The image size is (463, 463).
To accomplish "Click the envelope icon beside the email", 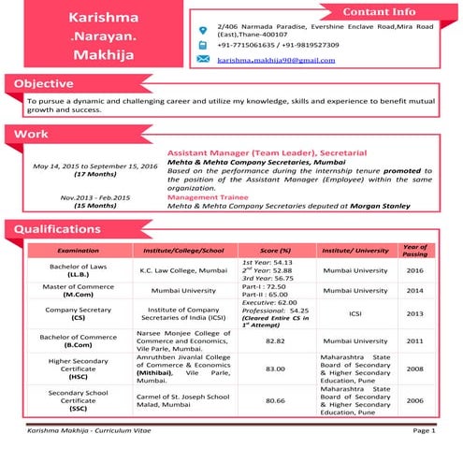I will pos(203,59).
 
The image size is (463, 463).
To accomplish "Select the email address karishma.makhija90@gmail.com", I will pos(275,59).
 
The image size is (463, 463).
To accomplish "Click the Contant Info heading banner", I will pos(379,12).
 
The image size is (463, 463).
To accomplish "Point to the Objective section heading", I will pos(51,84).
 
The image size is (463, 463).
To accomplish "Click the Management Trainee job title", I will pos(213,197).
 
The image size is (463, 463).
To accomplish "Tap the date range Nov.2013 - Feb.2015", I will pos(95,197).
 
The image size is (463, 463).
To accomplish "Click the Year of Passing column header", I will pos(414,250).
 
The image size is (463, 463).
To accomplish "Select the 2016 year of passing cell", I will pos(414,270).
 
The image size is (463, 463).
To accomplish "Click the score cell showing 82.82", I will pos(275,341).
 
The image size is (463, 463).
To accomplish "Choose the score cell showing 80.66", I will pos(275,399).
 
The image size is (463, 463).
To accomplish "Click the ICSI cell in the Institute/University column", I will pos(354,315).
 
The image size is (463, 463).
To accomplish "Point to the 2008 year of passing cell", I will pos(414,369).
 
